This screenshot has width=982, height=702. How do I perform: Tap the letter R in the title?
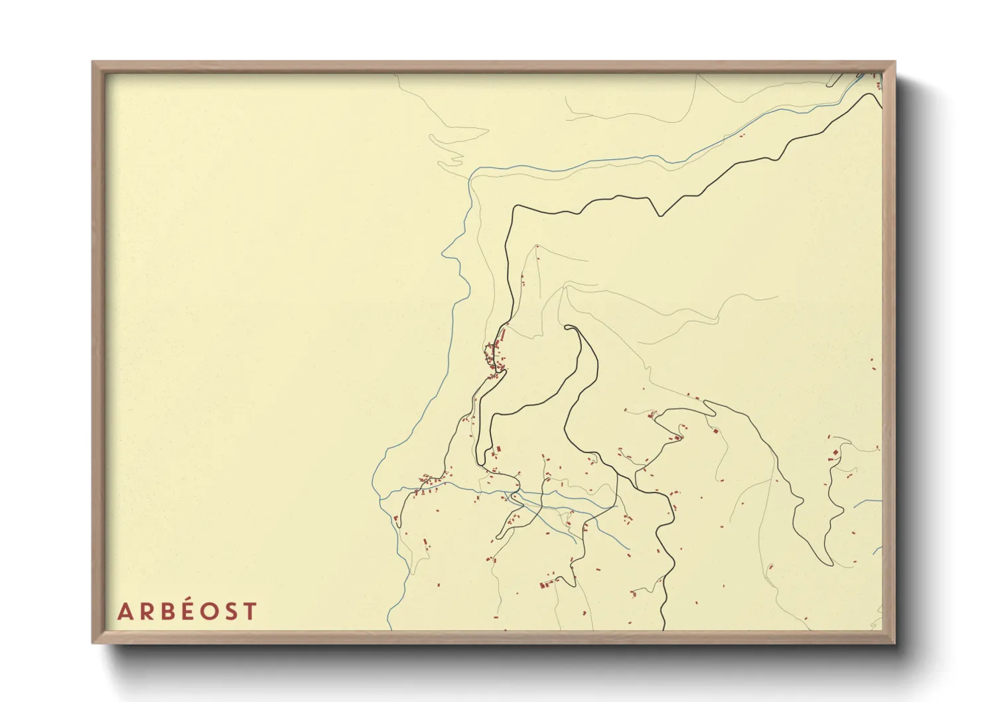tap(145, 611)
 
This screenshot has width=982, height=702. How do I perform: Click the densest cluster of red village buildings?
tap(495, 356)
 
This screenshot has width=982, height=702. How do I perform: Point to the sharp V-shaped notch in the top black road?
tap(659, 215)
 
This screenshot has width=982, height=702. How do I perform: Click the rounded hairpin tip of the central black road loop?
tap(569, 326)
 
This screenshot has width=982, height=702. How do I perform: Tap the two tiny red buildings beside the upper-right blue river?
tap(741, 135)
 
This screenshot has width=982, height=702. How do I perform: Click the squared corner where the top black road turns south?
tap(516, 207)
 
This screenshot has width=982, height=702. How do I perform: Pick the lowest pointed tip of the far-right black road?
tap(830, 565)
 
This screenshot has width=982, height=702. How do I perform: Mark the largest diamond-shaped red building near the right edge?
tap(834, 453)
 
